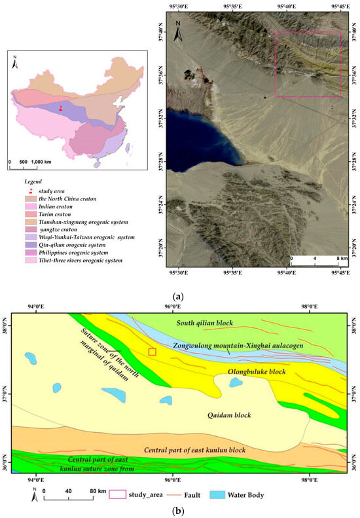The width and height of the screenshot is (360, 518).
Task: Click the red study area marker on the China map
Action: (x=61, y=109)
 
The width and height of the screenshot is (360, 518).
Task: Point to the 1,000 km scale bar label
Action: (x=41, y=161)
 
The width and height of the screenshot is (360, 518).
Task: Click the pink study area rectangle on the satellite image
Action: (x=308, y=64)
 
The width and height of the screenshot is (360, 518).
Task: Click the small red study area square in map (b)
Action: (x=153, y=352)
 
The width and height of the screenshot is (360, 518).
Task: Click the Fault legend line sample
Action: (x=181, y=494)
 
